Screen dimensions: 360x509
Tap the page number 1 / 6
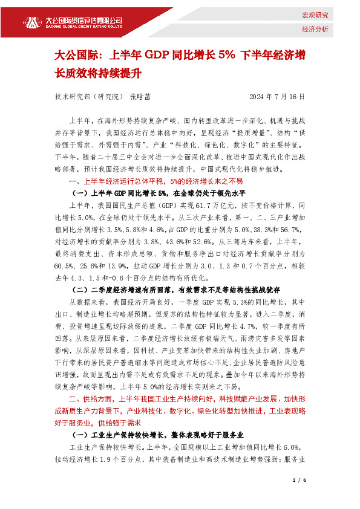coord(299,480)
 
